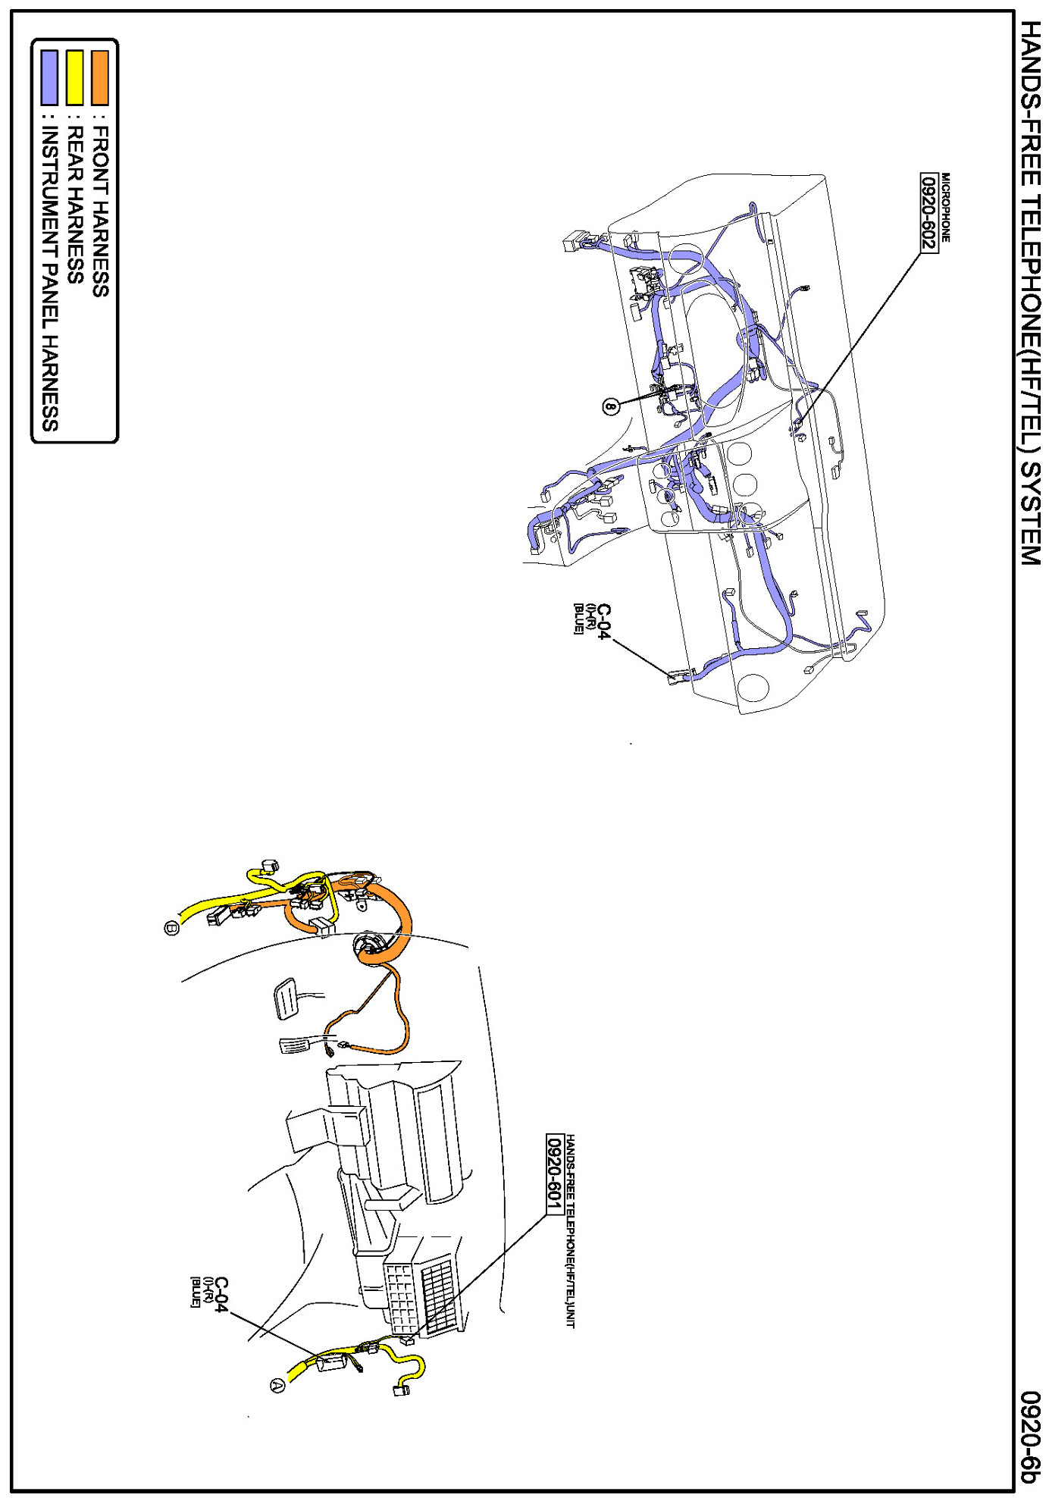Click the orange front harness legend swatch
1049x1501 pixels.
[99, 77]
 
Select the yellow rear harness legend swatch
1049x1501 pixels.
[74, 77]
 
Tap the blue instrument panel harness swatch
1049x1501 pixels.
[49, 77]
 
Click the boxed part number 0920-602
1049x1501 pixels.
[928, 213]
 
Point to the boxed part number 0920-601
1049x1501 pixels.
[554, 1174]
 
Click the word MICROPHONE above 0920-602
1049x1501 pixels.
[945, 208]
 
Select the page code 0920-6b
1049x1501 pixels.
[1030, 1437]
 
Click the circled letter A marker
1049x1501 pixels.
[277, 1385]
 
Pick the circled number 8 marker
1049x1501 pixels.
[611, 406]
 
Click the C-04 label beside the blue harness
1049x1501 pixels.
[603, 622]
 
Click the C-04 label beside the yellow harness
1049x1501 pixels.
[220, 1295]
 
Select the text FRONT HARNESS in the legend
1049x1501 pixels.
[100, 212]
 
